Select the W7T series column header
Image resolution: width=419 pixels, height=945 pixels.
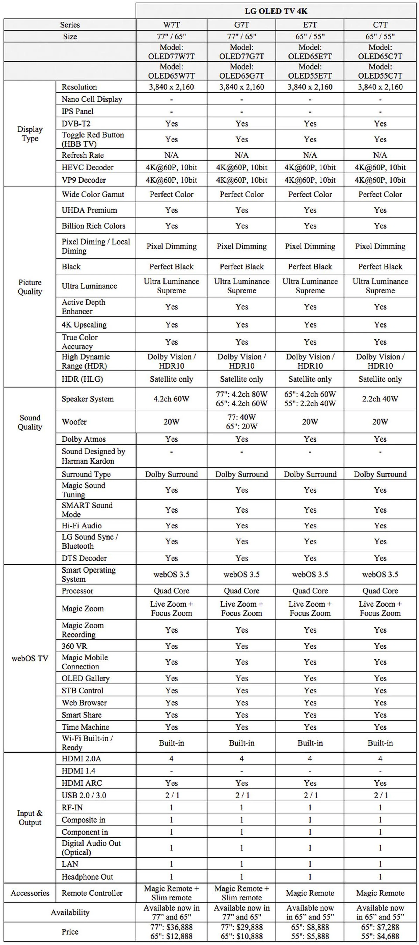coord(171,25)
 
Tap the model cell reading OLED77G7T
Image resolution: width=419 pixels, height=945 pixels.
coord(241,52)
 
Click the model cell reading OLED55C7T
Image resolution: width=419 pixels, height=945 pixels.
coord(380,71)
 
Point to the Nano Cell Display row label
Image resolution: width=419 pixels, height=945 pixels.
coord(92,99)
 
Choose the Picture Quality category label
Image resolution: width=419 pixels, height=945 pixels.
coord(30,287)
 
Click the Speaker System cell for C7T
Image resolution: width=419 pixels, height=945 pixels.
coord(380,399)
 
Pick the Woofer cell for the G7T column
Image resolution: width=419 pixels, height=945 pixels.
coord(241,422)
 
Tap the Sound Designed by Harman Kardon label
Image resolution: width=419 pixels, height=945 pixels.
coord(93,456)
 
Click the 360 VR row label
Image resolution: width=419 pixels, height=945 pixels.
coord(74,646)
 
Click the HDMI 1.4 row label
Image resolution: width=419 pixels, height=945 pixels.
coord(78,771)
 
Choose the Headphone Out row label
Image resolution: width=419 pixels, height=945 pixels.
coord(87,876)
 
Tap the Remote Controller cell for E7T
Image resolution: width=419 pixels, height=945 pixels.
coord(310,893)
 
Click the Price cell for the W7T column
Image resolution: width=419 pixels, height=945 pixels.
coord(171,931)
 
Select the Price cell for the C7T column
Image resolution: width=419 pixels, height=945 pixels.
coord(380,931)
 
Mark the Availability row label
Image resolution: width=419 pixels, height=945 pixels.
coord(70,912)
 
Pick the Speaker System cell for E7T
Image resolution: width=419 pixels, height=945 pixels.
coord(310,399)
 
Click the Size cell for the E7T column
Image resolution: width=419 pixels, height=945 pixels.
coord(310,36)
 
